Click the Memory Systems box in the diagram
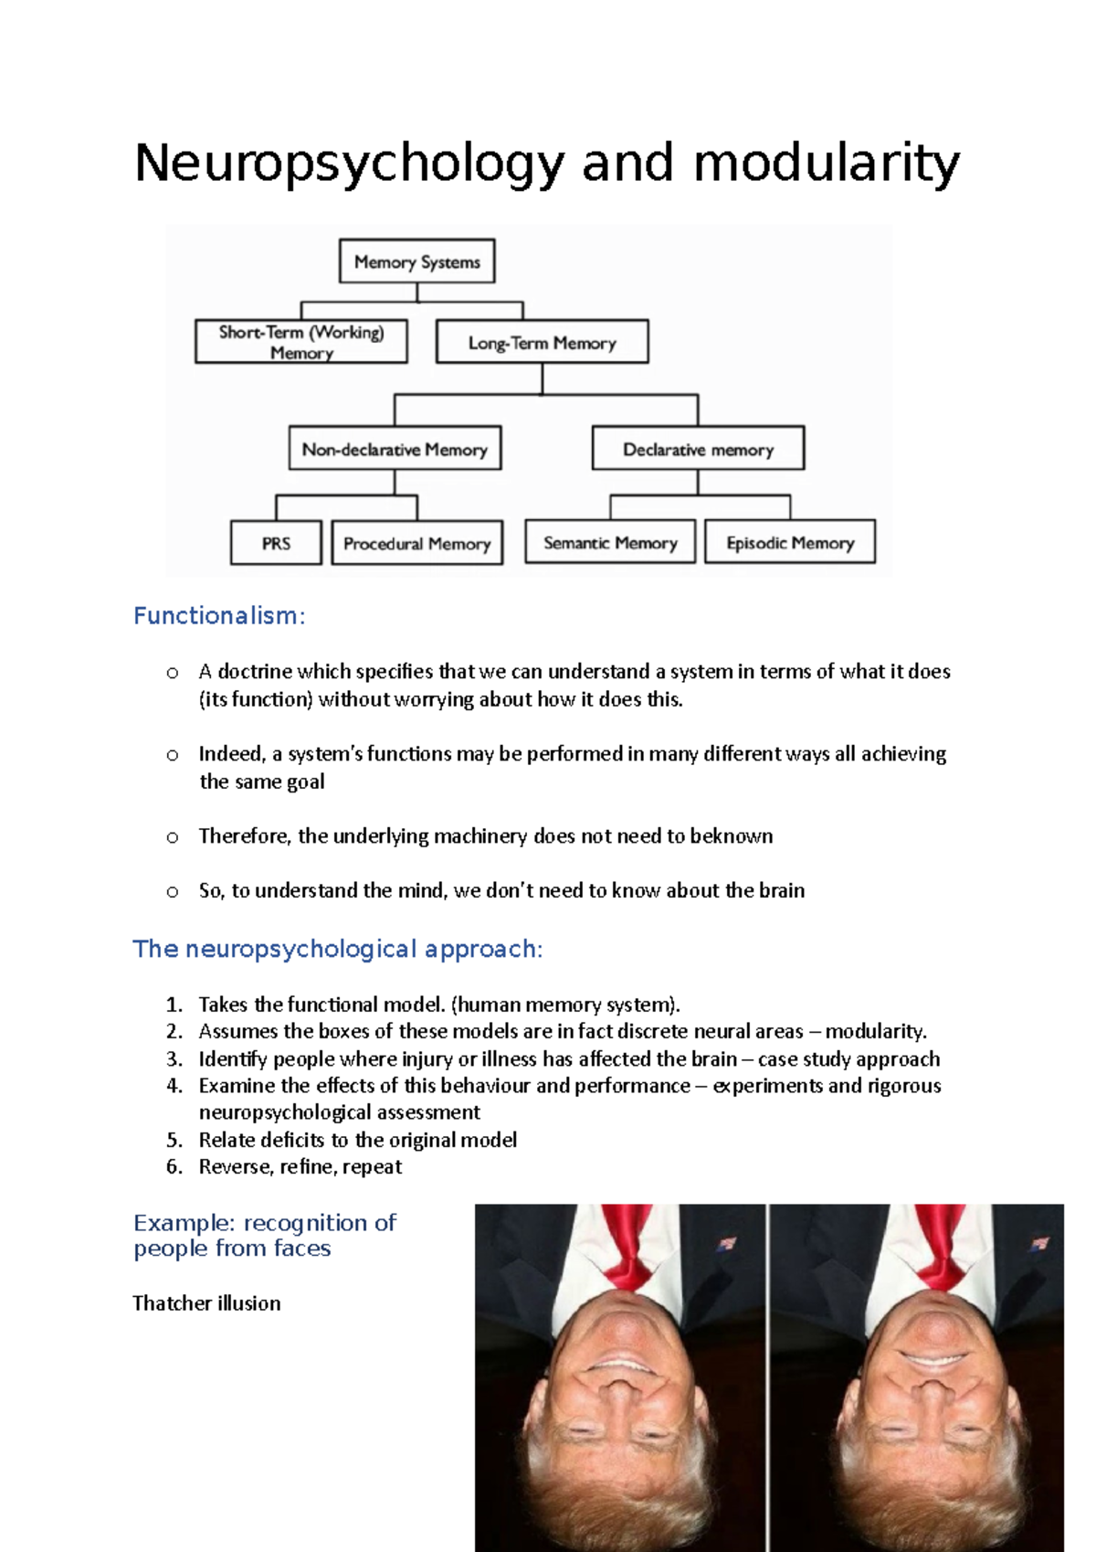(416, 261)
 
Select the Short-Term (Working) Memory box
(301, 342)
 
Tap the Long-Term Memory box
(542, 342)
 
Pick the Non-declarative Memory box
(395, 449)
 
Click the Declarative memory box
(698, 449)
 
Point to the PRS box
(276, 543)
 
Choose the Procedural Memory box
(416, 543)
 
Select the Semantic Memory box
(610, 542)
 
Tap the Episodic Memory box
(790, 542)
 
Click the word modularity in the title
(827, 165)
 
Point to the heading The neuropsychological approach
(338, 949)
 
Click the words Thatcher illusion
(206, 1302)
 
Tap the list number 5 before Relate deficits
(174, 1140)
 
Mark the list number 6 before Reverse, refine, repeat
(174, 1166)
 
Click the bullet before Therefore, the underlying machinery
(172, 836)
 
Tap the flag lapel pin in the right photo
(1039, 1244)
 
